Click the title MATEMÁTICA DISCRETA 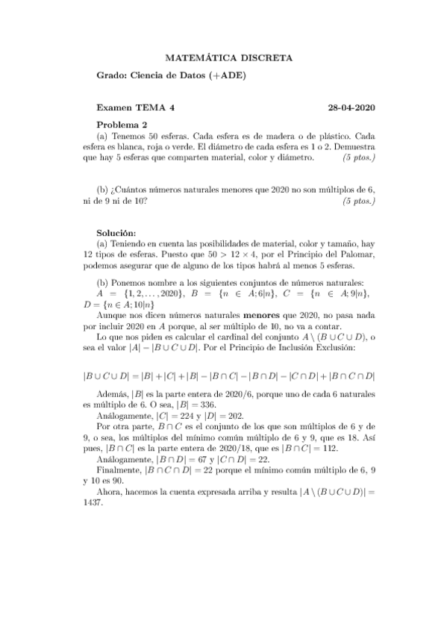coord(228,57)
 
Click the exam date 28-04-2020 coord(351,107)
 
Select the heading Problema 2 coord(122,124)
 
